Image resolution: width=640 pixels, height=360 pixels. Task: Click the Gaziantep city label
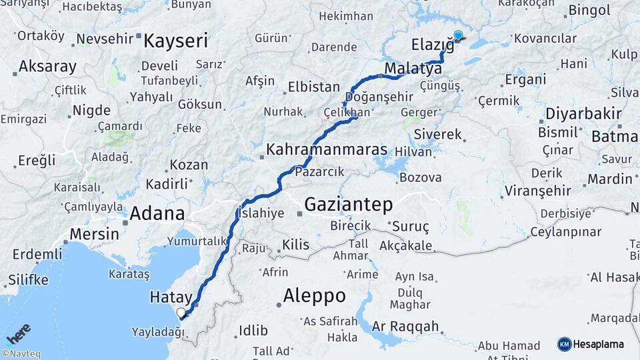(x=348, y=204)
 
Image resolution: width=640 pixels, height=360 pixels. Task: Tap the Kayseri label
(x=176, y=41)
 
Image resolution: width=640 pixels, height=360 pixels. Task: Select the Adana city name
(x=157, y=214)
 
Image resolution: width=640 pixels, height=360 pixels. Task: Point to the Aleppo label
(x=314, y=295)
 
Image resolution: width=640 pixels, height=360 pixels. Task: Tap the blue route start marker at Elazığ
(x=458, y=36)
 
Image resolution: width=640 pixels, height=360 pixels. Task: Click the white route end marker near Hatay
(x=181, y=312)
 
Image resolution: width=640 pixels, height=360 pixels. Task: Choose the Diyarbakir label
(x=583, y=113)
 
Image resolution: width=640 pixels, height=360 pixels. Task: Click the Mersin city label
(x=94, y=234)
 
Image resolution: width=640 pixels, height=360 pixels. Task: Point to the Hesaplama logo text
(x=599, y=344)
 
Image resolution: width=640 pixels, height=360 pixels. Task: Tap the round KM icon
(x=565, y=344)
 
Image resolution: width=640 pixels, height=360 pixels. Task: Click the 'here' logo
(x=18, y=333)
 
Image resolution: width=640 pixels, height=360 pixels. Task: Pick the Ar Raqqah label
(x=406, y=326)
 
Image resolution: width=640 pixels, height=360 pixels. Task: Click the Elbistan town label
(x=313, y=87)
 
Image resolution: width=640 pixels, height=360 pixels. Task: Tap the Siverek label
(x=437, y=134)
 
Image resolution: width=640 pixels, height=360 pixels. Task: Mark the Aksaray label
(x=47, y=67)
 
